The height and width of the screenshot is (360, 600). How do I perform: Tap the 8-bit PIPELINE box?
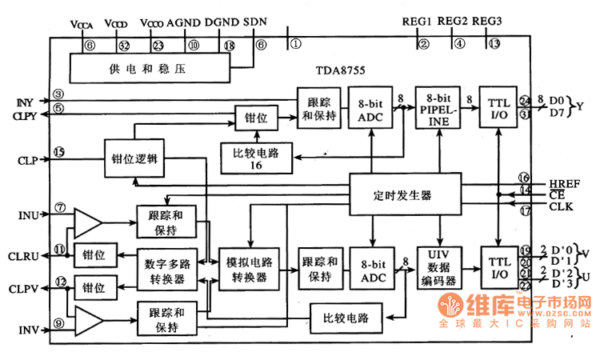click(438, 108)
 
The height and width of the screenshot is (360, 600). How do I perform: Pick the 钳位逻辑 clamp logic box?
click(134, 158)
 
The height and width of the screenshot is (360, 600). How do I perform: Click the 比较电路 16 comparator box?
click(257, 152)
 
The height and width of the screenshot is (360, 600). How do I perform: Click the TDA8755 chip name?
click(340, 71)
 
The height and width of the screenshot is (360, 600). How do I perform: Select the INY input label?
click(23, 102)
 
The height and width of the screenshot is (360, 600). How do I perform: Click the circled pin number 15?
click(58, 152)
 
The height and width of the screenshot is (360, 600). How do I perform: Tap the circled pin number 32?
click(123, 46)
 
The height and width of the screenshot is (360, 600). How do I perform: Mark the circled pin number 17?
click(524, 212)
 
